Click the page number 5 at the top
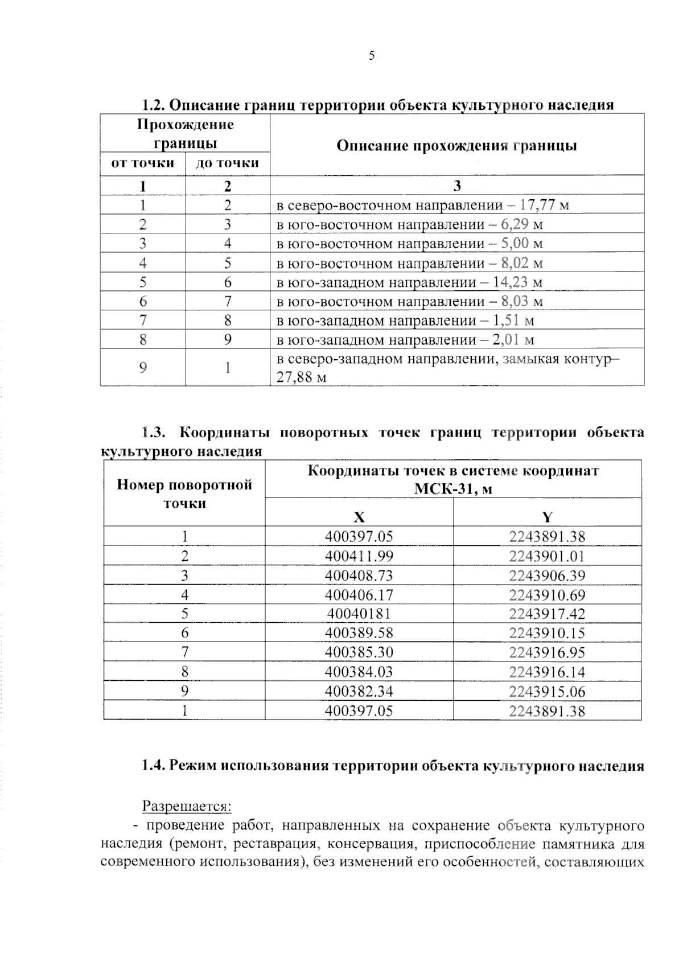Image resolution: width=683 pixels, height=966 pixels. pos(372,56)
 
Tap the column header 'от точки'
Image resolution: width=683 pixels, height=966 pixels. pos(142,163)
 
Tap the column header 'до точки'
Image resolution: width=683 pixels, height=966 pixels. pos(227,163)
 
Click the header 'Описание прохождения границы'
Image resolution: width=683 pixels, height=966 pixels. pos(456,146)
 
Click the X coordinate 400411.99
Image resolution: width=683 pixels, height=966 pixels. pos(359,556)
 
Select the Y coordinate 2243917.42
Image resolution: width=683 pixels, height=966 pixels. pos(547,614)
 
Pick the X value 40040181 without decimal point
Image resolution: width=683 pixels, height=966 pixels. pos(359,614)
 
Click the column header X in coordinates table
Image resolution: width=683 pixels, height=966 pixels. pos(359,517)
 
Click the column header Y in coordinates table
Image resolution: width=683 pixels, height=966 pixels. pos(547,517)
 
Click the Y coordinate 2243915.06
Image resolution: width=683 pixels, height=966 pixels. pos(547,692)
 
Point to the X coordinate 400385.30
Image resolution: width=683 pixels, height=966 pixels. pos(359,652)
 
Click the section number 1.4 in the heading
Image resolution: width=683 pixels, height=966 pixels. pos(153,766)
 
